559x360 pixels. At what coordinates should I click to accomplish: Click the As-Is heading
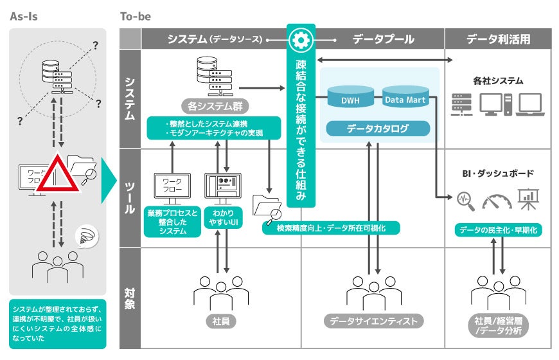(24, 16)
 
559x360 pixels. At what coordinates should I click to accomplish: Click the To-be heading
(135, 16)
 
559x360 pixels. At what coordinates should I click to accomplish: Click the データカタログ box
(377, 129)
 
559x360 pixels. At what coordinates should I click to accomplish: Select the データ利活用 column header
(498, 39)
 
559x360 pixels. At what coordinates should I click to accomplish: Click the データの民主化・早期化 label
(498, 230)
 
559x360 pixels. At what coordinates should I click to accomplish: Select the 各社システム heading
(498, 82)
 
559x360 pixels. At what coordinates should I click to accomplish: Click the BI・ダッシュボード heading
(498, 174)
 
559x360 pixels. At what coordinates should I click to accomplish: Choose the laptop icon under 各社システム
(531, 104)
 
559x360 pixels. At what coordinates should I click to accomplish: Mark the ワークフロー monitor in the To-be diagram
(173, 184)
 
